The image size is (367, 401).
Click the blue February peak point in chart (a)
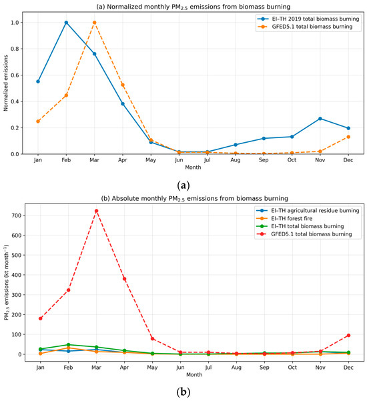(66, 23)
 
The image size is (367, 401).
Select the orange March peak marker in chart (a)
(94, 23)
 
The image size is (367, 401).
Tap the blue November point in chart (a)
(320, 119)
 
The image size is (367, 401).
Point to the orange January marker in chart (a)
(38, 121)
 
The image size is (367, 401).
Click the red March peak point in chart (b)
(96, 211)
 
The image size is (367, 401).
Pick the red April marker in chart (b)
(125, 279)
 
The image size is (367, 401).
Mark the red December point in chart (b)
(348, 335)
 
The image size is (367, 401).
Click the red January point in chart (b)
(41, 318)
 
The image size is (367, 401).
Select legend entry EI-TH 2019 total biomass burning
(308, 19)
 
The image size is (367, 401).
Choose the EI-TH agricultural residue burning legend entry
(308, 210)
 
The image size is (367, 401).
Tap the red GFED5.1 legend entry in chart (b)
(304, 234)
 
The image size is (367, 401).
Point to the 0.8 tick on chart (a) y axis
(15, 49)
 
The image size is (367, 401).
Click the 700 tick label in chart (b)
(17, 216)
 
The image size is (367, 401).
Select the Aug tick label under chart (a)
(236, 160)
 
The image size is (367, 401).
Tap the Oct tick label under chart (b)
(292, 368)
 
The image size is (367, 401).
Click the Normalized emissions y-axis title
(5, 83)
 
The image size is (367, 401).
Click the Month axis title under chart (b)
(194, 375)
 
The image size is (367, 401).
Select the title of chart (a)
(193, 7)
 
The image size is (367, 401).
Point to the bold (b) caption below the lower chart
(183, 392)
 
